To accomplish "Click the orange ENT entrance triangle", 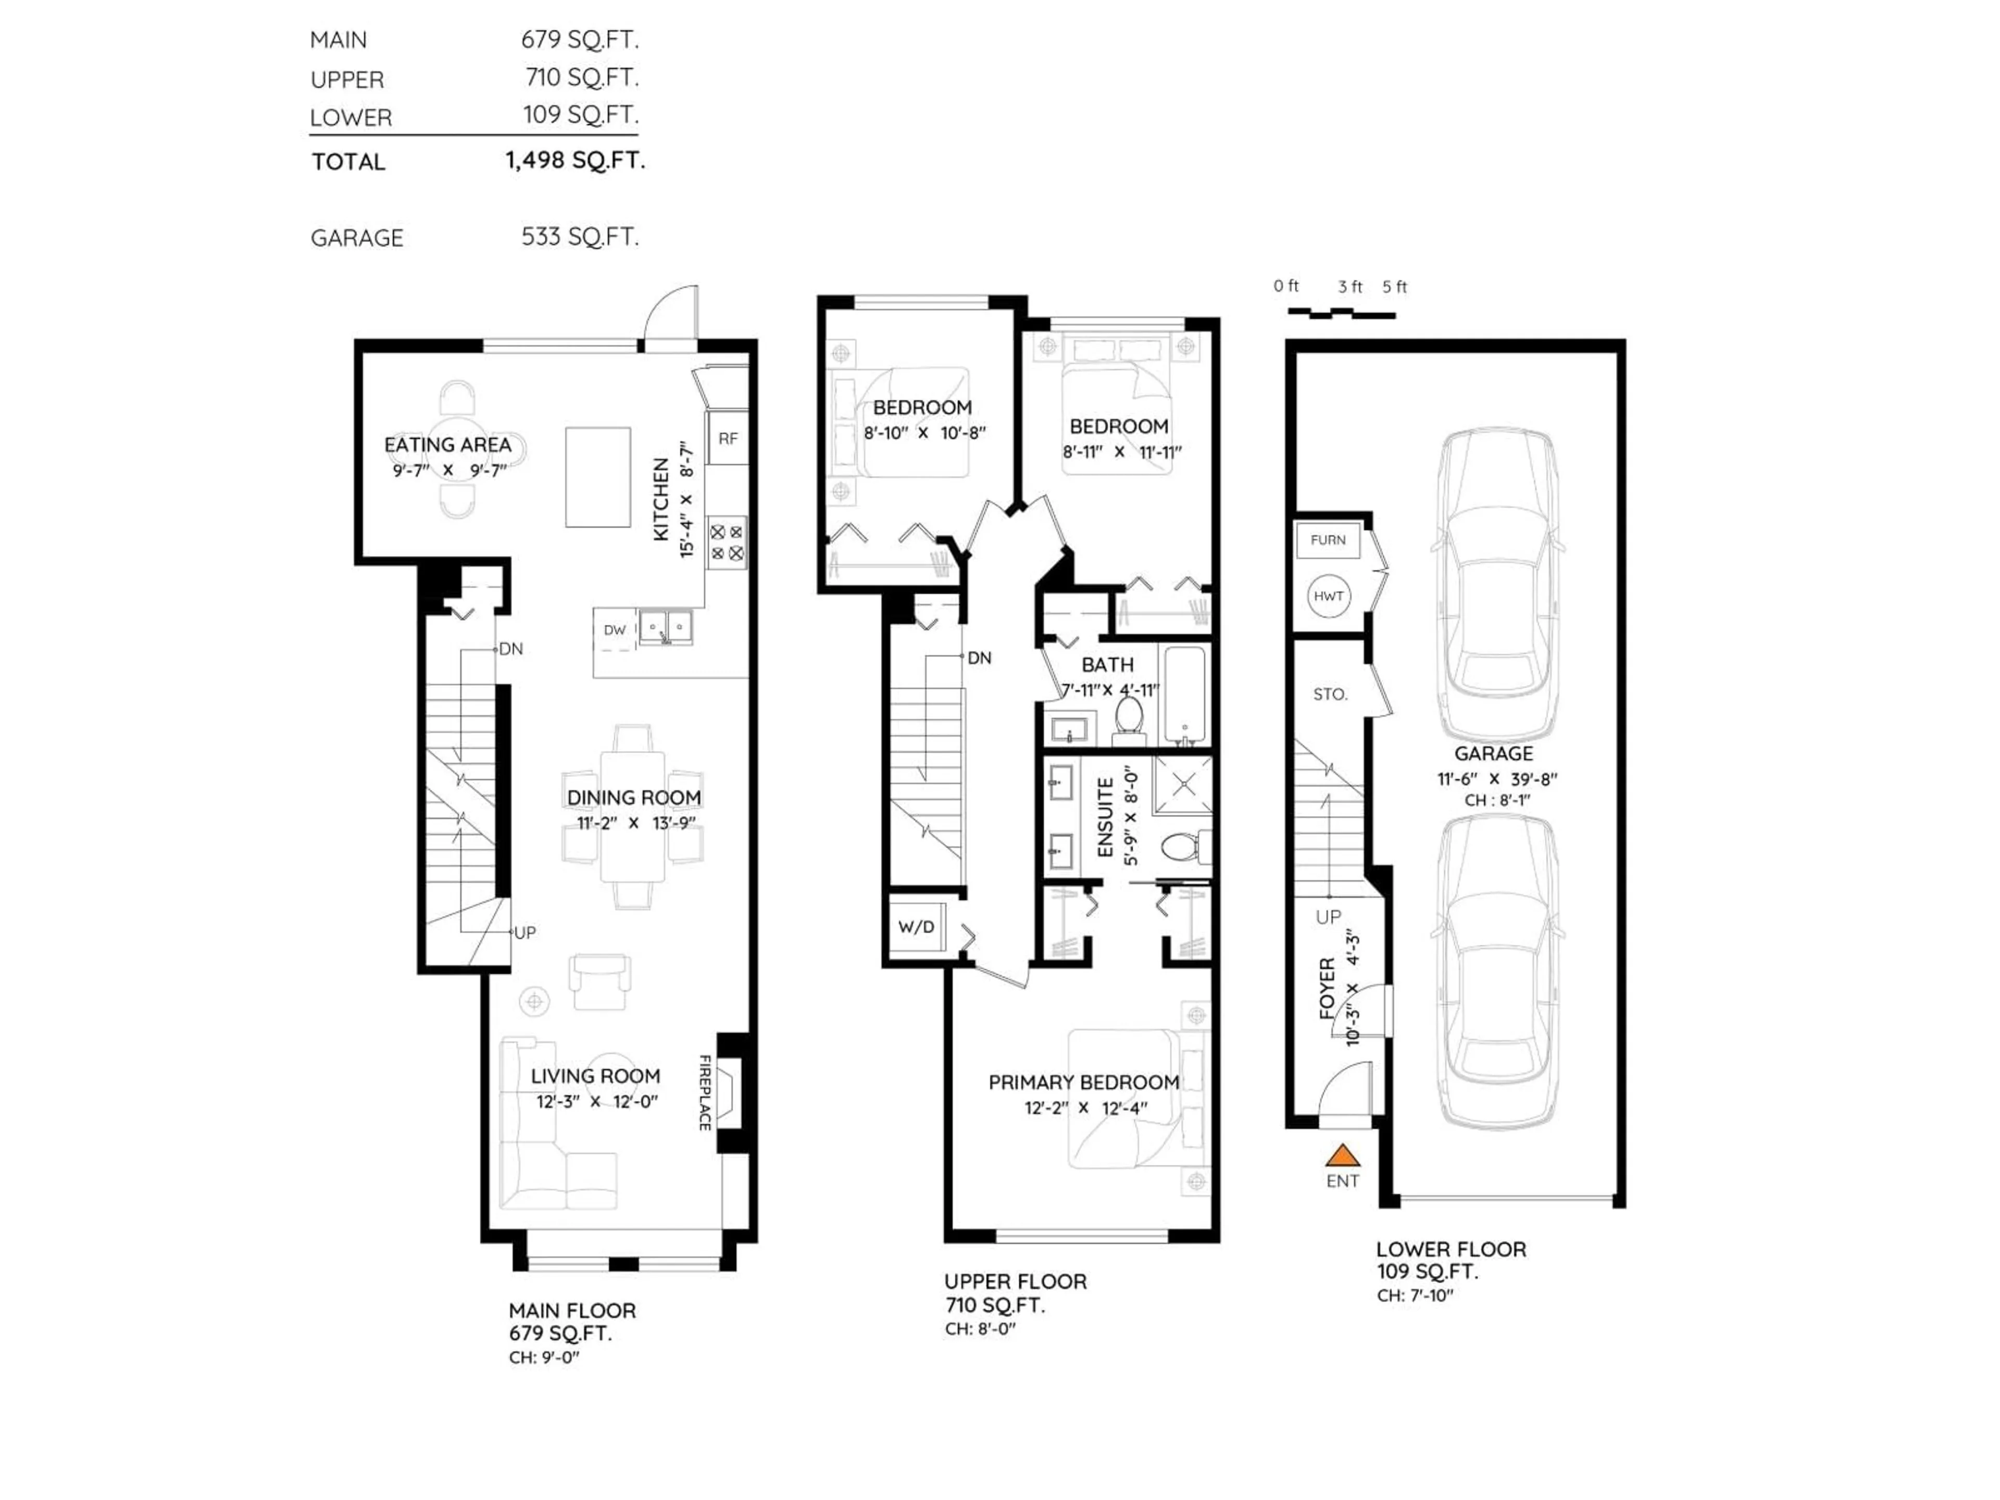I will [x=1343, y=1156].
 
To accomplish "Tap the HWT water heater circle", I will [x=1328, y=596].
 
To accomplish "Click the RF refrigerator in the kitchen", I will [x=728, y=439].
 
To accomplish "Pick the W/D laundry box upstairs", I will [x=916, y=927].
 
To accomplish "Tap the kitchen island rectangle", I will [x=597, y=477].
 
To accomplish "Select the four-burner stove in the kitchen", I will [x=727, y=543].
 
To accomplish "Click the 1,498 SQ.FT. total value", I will [x=575, y=161].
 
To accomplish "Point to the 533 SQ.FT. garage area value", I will [x=580, y=237].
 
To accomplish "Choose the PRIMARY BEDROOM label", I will [x=1083, y=1082].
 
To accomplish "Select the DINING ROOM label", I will [x=634, y=797].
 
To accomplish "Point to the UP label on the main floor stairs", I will [x=524, y=932].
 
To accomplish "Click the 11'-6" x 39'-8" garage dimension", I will [x=1497, y=779].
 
